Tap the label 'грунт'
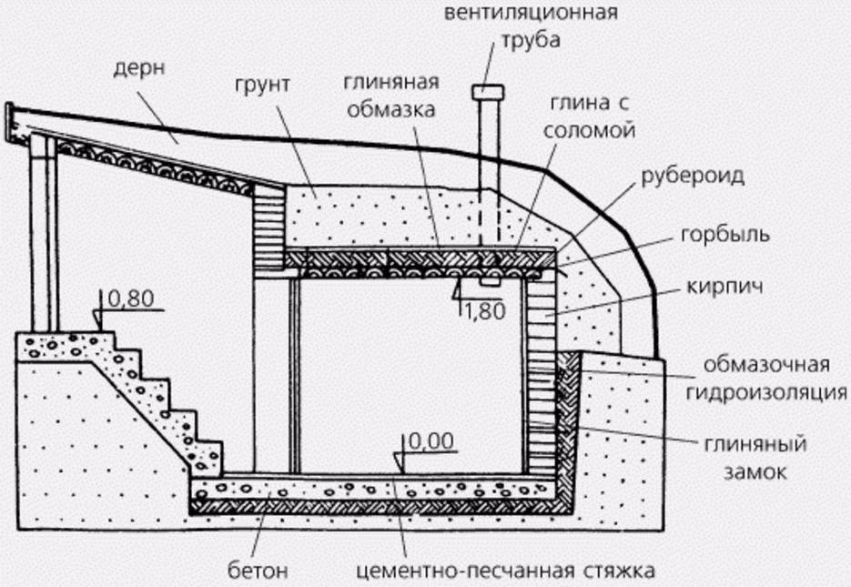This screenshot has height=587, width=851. pos(259,85)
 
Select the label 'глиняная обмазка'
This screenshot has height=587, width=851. pos(391,96)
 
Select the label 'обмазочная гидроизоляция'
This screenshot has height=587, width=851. pos(775,380)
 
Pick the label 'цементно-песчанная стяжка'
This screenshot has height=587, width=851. pos(504,572)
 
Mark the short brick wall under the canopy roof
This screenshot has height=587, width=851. pos(268,228)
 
